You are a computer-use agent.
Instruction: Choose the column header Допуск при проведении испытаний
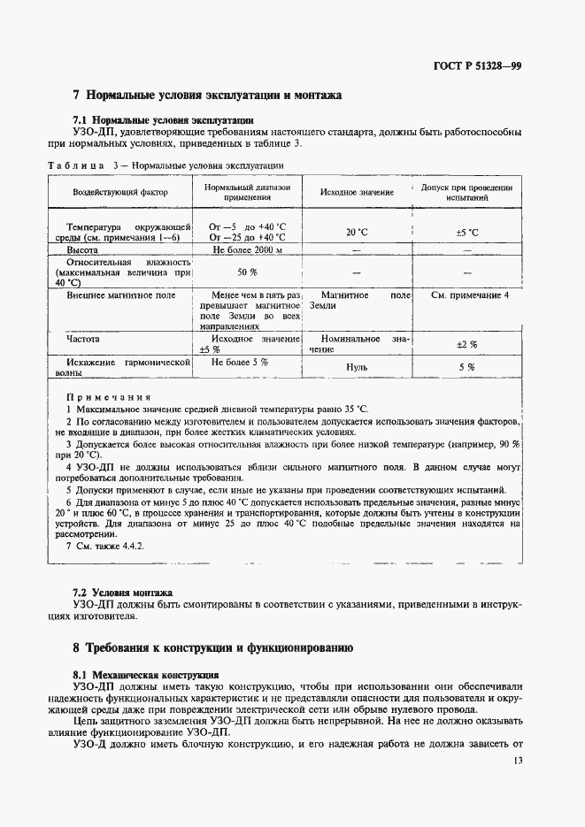point(466,193)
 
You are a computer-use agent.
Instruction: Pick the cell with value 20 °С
point(357,232)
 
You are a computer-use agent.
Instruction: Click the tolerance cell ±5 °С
point(466,232)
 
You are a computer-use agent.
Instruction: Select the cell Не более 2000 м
point(247,251)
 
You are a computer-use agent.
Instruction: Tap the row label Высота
point(82,251)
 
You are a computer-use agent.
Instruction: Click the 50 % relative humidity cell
point(247,272)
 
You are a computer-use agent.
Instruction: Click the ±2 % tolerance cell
point(466,344)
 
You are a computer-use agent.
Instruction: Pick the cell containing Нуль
point(357,366)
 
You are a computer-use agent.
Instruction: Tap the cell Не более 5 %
point(239,362)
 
